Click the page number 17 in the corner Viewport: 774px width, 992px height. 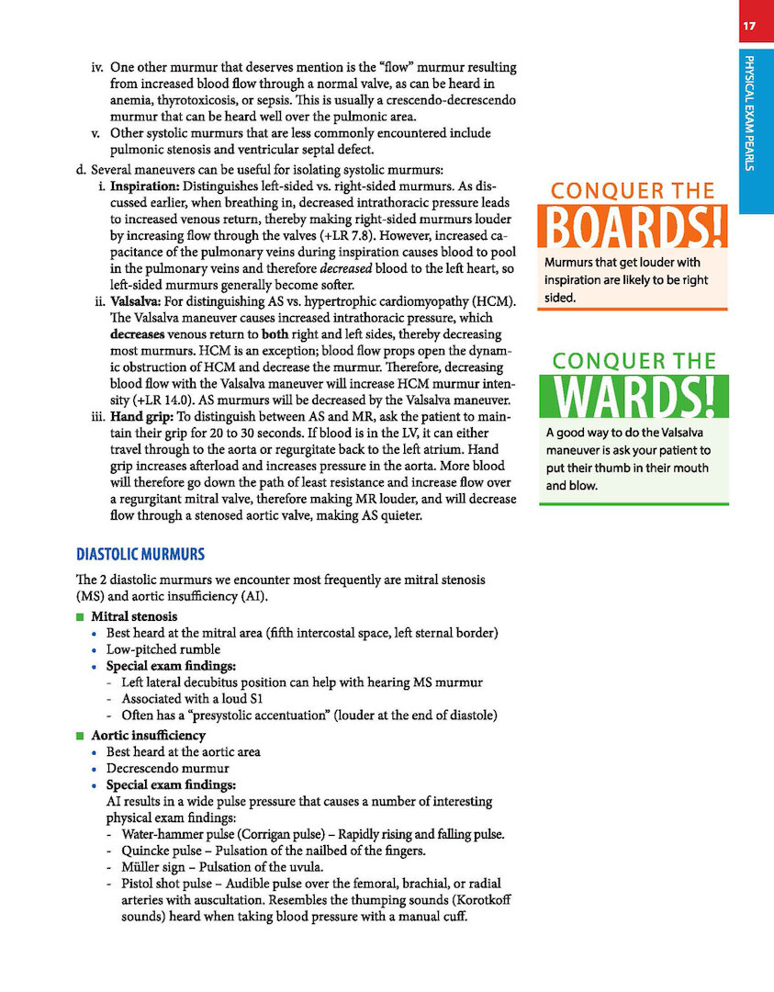click(750, 26)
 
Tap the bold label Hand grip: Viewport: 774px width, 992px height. click(145, 419)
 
